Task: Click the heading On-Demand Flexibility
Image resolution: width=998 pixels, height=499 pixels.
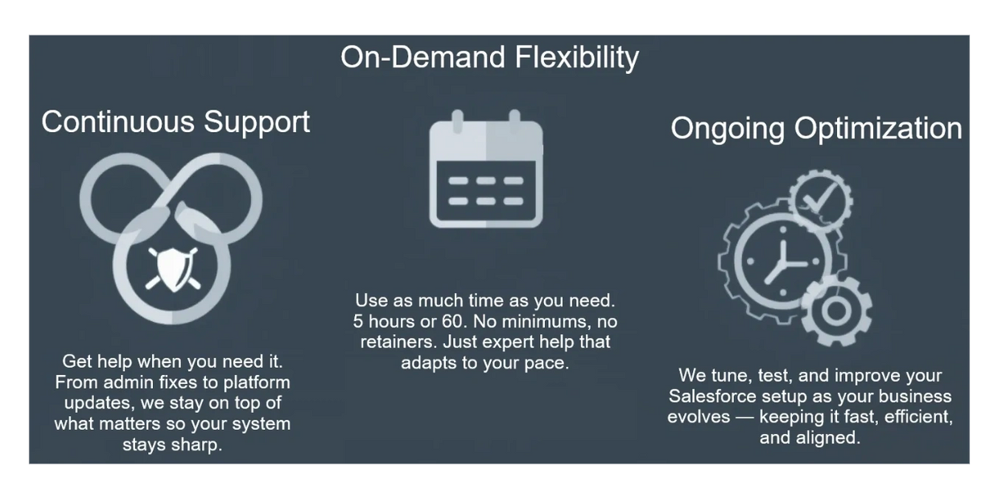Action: (489, 57)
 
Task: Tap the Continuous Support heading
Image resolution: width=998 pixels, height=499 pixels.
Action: (175, 122)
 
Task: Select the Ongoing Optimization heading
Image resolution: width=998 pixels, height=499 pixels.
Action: (816, 129)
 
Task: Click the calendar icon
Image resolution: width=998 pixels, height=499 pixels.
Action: (486, 169)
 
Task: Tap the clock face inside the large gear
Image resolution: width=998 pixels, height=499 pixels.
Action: (783, 262)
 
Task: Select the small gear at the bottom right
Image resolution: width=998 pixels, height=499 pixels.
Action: (835, 311)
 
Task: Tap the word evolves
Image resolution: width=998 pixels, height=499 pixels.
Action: (699, 417)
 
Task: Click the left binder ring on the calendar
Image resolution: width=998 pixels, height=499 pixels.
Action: (458, 122)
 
